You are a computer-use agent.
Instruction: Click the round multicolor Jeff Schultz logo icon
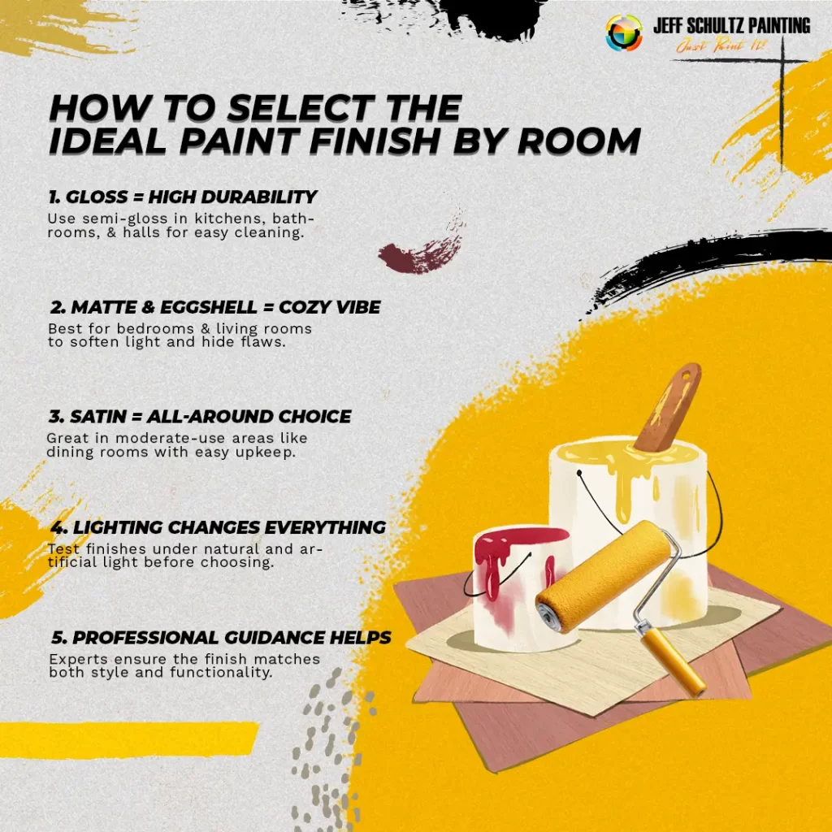click(x=624, y=32)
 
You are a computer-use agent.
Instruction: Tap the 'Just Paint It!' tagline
click(x=720, y=45)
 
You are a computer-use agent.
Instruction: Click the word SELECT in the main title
click(x=301, y=108)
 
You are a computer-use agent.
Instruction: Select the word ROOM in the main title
click(x=578, y=141)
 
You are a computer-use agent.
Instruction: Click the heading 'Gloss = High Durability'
click(x=183, y=197)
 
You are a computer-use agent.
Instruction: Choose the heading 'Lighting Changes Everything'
click(x=218, y=526)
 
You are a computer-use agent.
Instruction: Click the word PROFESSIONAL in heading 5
click(x=145, y=637)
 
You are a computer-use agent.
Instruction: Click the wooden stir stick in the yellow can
click(x=668, y=407)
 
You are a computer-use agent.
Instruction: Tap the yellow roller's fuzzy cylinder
click(x=604, y=576)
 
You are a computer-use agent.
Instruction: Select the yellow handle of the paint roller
click(x=672, y=661)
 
